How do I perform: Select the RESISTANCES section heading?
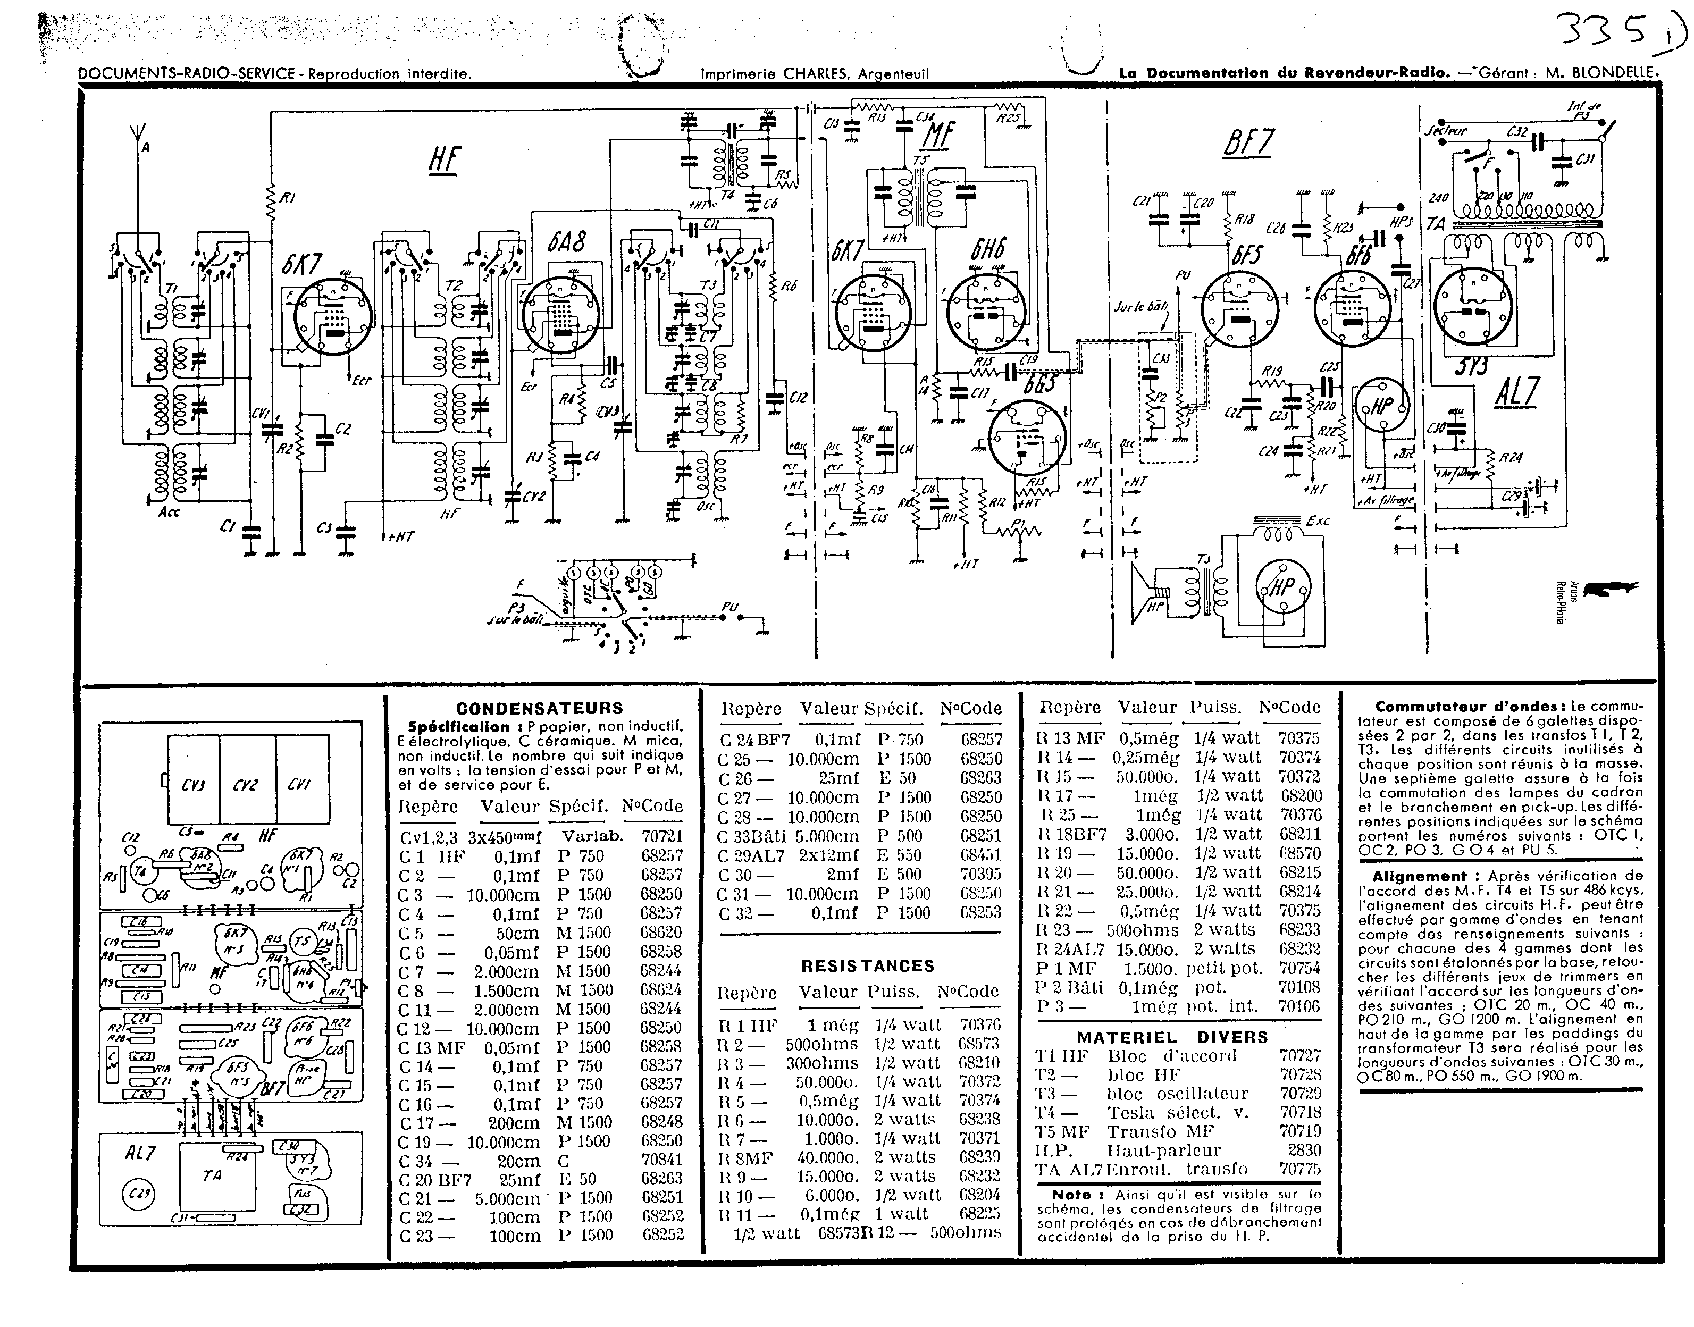click(867, 965)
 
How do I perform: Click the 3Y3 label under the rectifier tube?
click(1470, 365)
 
